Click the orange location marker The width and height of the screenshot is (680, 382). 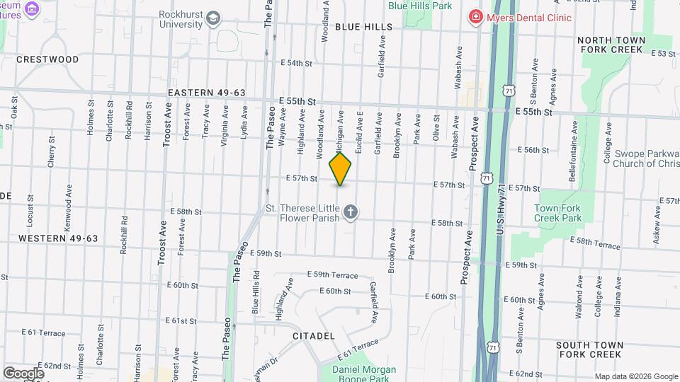tap(341, 168)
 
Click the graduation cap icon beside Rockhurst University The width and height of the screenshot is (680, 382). tap(213, 18)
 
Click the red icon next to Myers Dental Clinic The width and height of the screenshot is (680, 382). tap(476, 16)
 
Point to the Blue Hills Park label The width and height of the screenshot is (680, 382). tap(420, 6)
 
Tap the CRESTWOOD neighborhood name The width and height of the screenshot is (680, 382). tap(47, 59)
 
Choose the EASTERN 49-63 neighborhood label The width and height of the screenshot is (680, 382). tap(207, 93)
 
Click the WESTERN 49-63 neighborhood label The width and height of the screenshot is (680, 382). tap(58, 238)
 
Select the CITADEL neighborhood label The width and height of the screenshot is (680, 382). tap(312, 335)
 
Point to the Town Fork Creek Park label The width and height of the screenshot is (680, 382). tap(557, 213)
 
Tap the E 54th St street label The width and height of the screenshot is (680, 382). tap(296, 64)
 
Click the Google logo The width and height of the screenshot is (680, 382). tap(23, 373)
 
